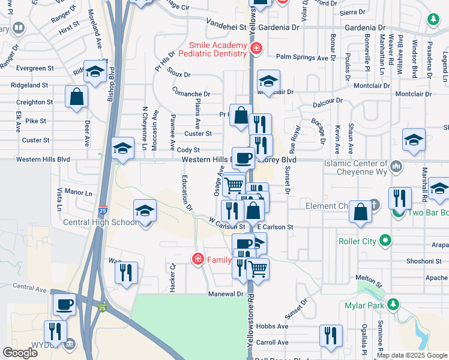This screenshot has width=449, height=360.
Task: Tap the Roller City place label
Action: point(360,241)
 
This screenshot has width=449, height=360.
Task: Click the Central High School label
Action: point(100,223)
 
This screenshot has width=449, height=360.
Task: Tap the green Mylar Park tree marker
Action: point(393,304)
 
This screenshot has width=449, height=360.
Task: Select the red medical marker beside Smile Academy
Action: point(256,48)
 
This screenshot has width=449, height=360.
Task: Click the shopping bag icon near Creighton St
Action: point(77,97)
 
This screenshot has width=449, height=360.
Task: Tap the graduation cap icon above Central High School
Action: point(145,211)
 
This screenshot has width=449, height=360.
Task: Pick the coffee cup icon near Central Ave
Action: point(65,303)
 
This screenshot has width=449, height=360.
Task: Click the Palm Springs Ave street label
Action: point(303,58)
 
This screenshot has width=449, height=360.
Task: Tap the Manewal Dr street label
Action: point(226,294)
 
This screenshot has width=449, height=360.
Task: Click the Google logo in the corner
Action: point(20,353)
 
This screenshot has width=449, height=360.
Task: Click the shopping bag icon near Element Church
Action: point(360,212)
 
